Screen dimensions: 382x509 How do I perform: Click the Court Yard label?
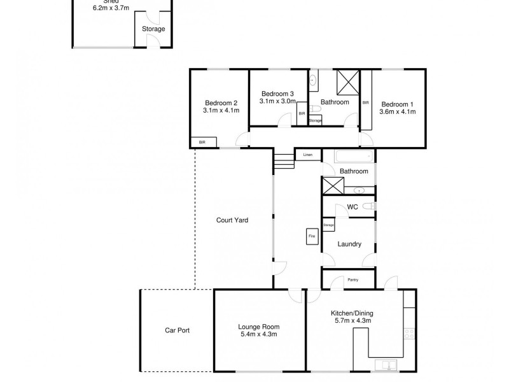tap(232, 220)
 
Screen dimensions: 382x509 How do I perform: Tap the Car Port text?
tap(177, 330)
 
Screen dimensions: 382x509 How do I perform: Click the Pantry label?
tap(352, 279)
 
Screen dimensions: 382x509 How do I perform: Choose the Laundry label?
tap(350, 244)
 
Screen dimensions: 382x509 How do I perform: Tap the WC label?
tap(352, 207)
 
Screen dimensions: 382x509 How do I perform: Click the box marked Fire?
tap(312, 236)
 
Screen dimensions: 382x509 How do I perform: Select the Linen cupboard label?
tap(308, 155)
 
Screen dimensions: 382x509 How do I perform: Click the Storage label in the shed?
tap(153, 29)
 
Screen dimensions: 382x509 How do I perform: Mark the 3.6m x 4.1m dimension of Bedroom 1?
tap(398, 111)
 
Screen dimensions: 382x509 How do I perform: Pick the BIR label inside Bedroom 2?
tap(202, 142)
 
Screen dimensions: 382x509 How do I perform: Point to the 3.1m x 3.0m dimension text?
tap(278, 101)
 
